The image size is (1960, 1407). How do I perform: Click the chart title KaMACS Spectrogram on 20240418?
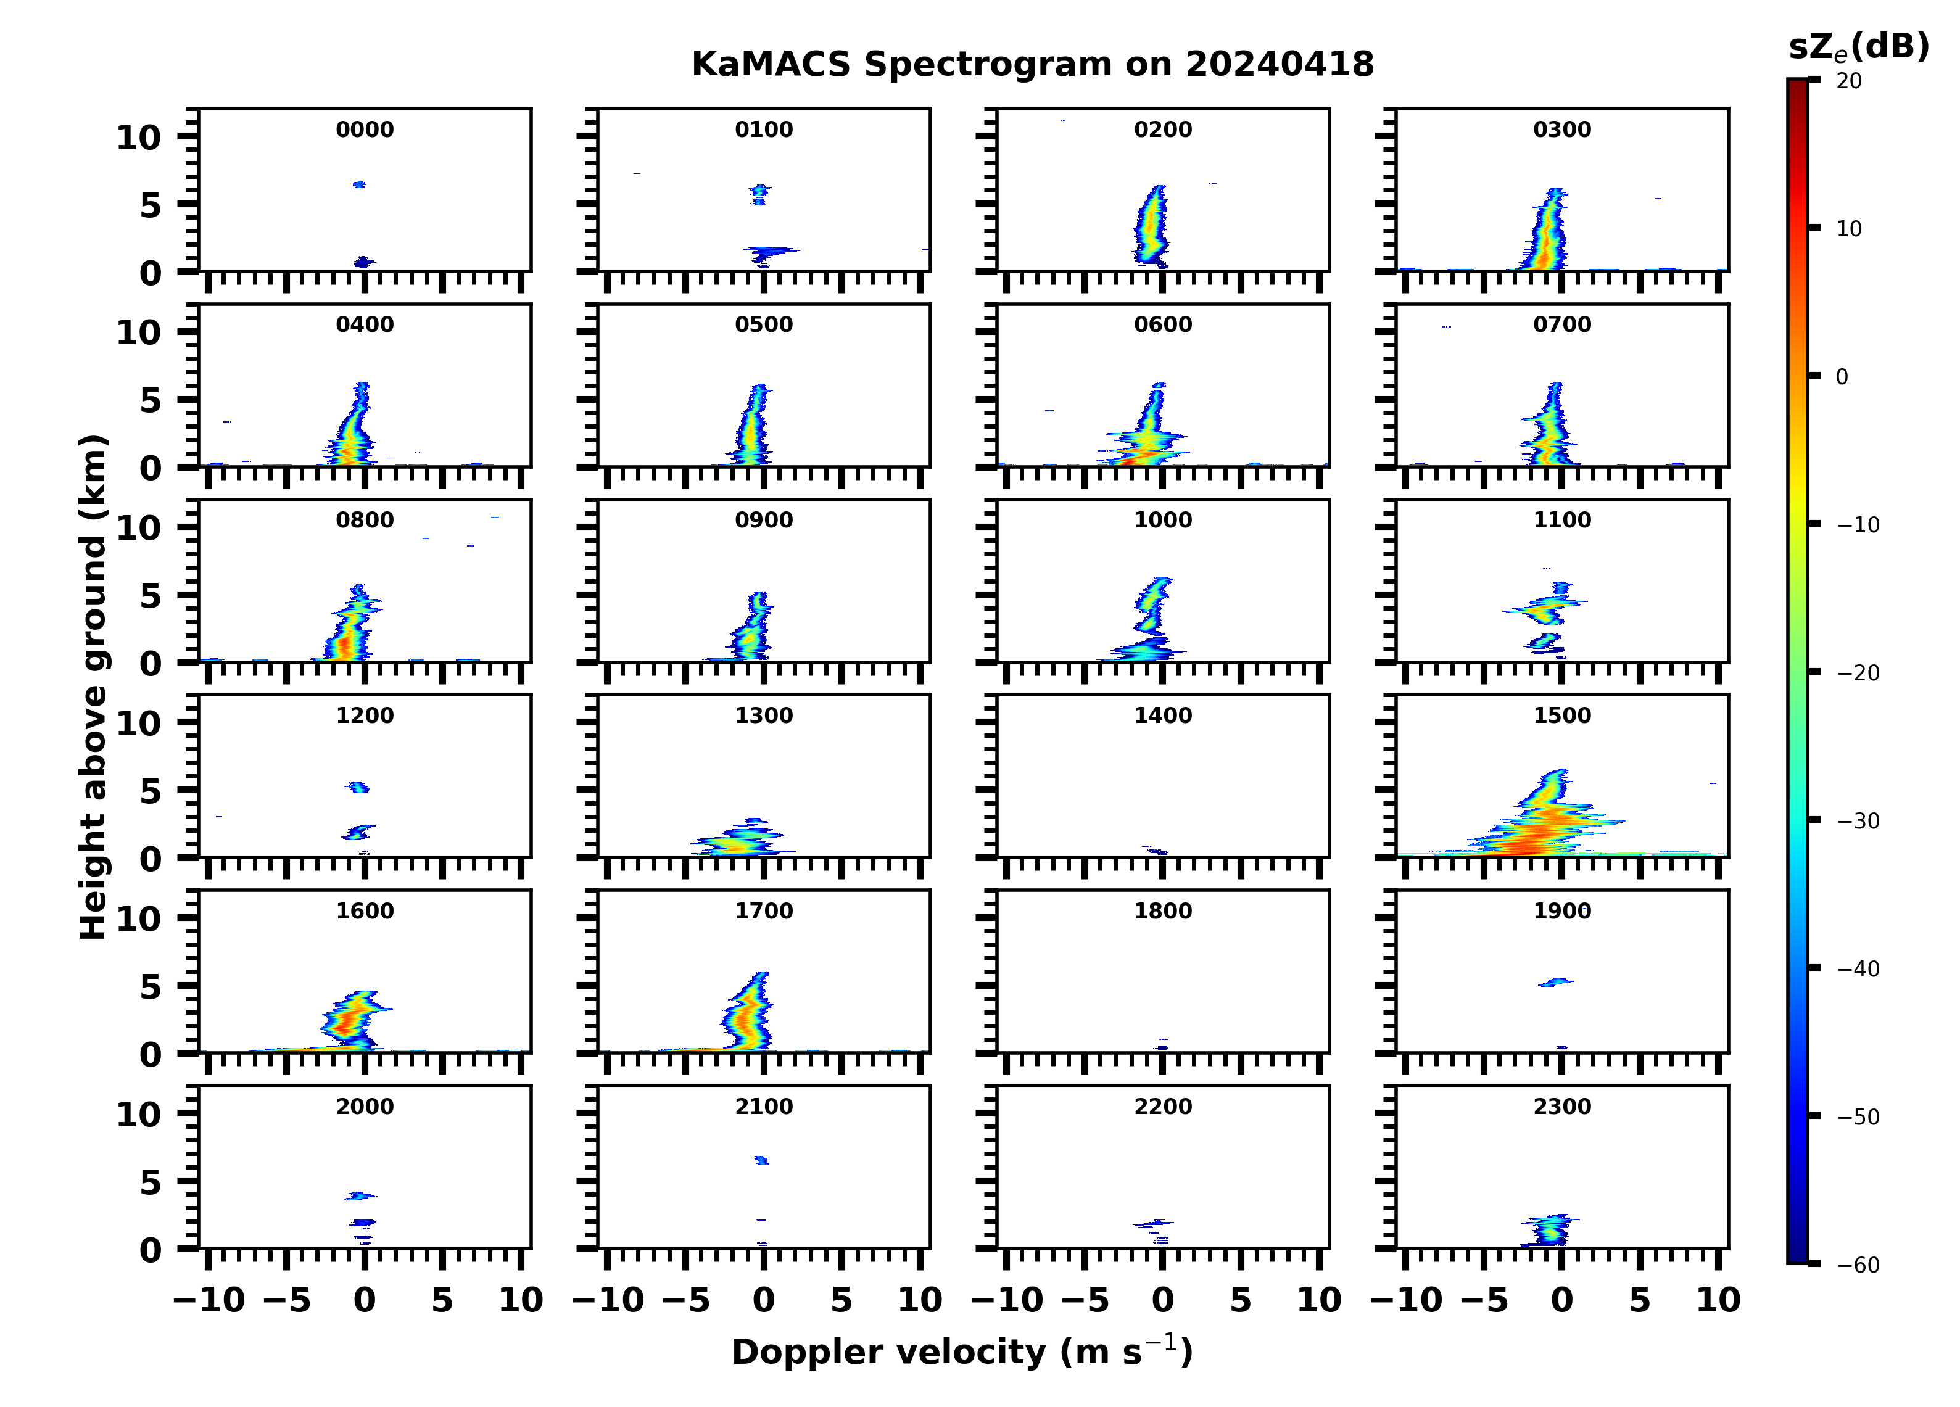[x=1032, y=65]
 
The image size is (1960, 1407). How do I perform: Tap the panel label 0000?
[x=365, y=130]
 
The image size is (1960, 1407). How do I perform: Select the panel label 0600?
[x=1162, y=325]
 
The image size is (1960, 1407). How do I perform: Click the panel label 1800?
[x=1162, y=911]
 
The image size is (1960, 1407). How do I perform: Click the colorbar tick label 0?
[x=1842, y=377]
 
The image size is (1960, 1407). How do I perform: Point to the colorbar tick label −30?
[x=1858, y=821]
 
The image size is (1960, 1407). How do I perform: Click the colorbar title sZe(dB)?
[x=1858, y=47]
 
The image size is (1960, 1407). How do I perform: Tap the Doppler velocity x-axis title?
[x=962, y=1351]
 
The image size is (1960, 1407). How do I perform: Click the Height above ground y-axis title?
[x=93, y=687]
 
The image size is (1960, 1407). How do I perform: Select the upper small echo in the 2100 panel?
[x=761, y=1160]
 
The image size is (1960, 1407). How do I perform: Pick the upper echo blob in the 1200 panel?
[x=358, y=787]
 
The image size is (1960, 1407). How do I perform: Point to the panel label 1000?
[x=1162, y=520]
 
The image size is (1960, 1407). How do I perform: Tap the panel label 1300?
[x=763, y=716]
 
